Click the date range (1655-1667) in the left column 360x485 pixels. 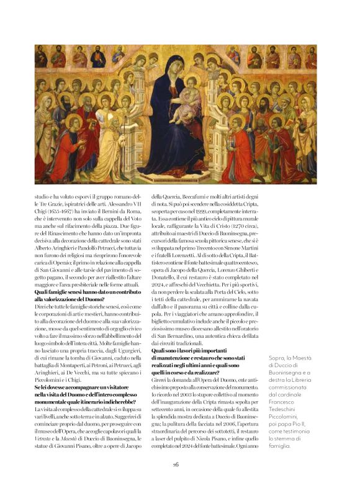[x=61, y=212]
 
